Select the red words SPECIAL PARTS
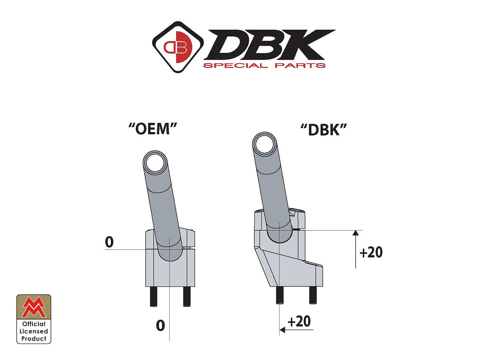coord(264,65)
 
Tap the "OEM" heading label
coord(153,129)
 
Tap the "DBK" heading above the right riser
coord(323,129)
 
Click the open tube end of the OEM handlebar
coord(155,164)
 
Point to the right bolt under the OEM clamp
coord(186,297)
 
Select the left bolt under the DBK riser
coord(280,296)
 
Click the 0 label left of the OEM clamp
coord(109,242)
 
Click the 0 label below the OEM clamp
coord(160,325)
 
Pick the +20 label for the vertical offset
coord(371,253)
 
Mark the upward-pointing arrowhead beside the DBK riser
coord(356,234)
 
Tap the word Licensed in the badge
coord(34,331)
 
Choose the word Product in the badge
coord(34,338)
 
